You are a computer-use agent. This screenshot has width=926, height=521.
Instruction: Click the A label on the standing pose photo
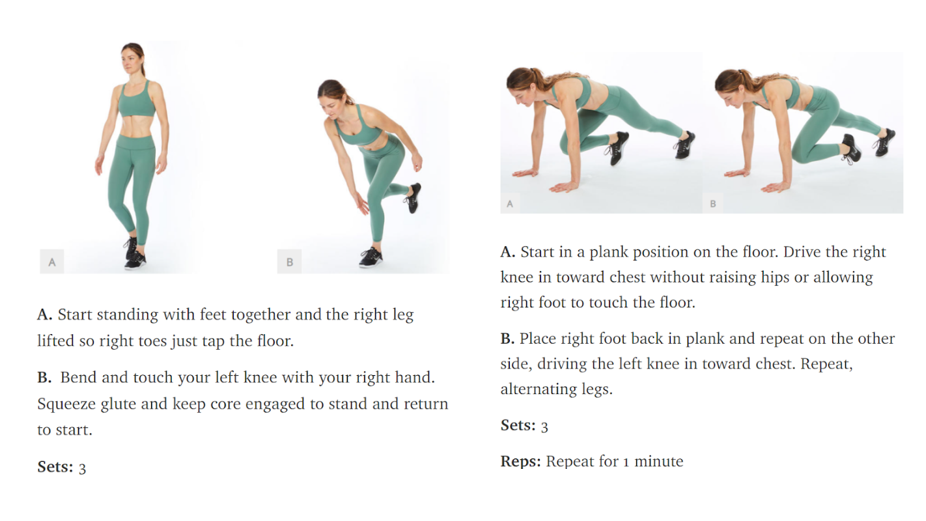coord(51,262)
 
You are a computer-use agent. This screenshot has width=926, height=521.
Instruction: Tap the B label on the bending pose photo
coord(289,262)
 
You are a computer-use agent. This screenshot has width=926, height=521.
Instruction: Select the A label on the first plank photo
coord(510,203)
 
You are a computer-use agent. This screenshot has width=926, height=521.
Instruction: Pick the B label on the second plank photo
coord(712,203)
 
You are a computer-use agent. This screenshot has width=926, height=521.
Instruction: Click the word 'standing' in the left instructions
coord(128,315)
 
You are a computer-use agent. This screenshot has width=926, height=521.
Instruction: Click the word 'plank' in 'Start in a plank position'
coord(608,252)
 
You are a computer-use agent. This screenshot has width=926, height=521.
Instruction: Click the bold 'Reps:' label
coord(520,461)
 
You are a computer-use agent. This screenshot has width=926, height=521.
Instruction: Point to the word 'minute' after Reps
coord(658,461)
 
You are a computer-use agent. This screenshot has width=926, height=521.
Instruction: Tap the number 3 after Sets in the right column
coord(544,427)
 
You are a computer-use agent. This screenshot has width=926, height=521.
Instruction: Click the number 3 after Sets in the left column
coord(82,468)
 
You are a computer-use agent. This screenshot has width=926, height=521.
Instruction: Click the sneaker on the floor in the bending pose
coord(371,258)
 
